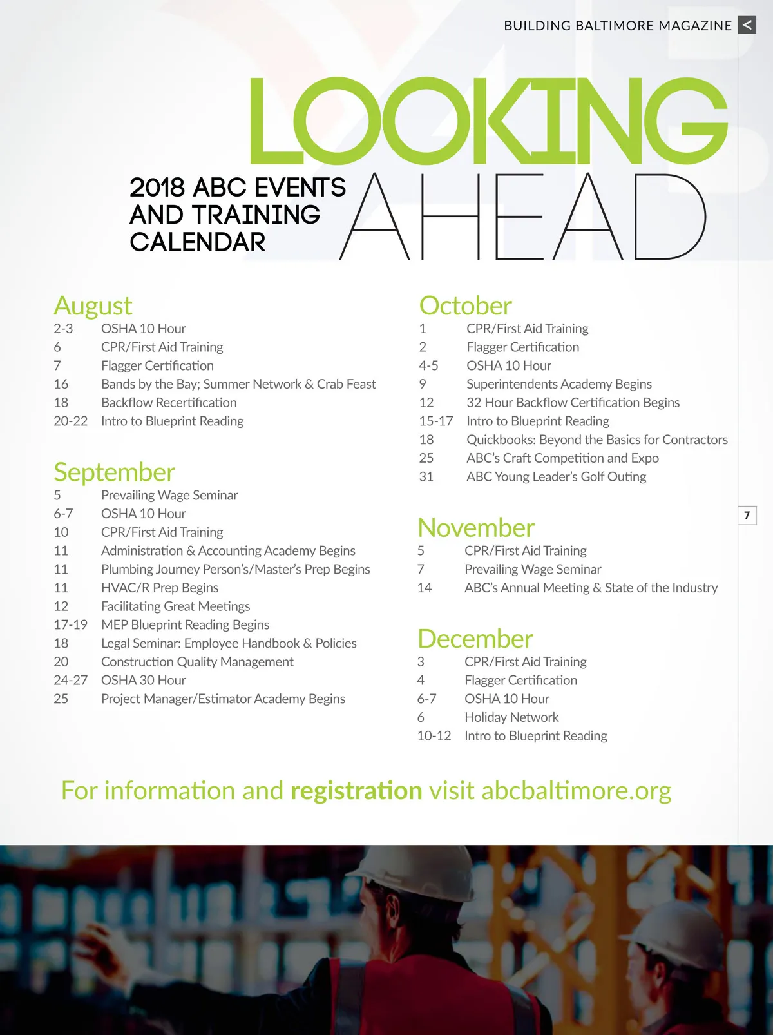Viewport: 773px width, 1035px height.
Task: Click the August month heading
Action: [x=93, y=305]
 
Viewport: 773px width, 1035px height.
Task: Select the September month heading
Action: [x=114, y=472]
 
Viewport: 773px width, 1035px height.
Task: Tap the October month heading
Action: [x=465, y=305]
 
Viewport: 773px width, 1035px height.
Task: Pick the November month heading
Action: [x=476, y=528]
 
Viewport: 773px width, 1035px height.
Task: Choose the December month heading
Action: [x=475, y=639]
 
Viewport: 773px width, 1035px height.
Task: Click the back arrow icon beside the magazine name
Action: [x=747, y=25]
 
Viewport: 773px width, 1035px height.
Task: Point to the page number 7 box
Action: [x=747, y=516]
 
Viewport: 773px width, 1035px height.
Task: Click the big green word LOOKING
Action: [x=488, y=121]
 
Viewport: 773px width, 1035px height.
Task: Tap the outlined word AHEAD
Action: [x=522, y=217]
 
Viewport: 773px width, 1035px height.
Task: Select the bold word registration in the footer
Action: [x=356, y=791]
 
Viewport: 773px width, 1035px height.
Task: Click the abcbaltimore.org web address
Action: [x=576, y=791]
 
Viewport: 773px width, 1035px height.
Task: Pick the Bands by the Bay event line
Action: [x=238, y=384]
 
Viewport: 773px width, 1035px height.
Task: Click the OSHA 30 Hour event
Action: [x=143, y=681]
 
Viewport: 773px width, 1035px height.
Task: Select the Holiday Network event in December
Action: [x=511, y=717]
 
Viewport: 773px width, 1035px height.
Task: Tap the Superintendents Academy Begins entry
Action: [x=558, y=384]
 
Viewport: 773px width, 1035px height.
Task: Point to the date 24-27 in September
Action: [x=70, y=681]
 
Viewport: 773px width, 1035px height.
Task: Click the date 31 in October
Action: [x=426, y=477]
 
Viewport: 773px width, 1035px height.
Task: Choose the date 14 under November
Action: [x=425, y=588]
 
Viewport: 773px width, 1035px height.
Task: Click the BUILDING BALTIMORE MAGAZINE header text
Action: [x=617, y=26]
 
